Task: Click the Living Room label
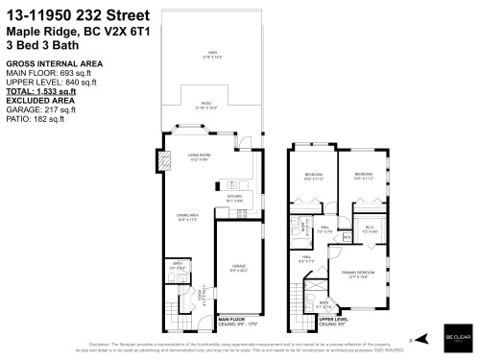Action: click(199, 156)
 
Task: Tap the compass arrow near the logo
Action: click(411, 339)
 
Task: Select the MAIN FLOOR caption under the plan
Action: click(234, 320)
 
